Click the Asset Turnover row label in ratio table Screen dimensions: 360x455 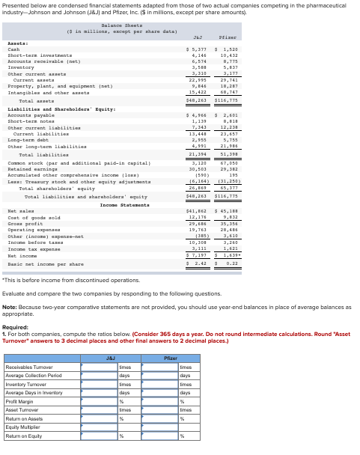tap(22, 410)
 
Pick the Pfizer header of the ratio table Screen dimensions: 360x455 tap(171, 358)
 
